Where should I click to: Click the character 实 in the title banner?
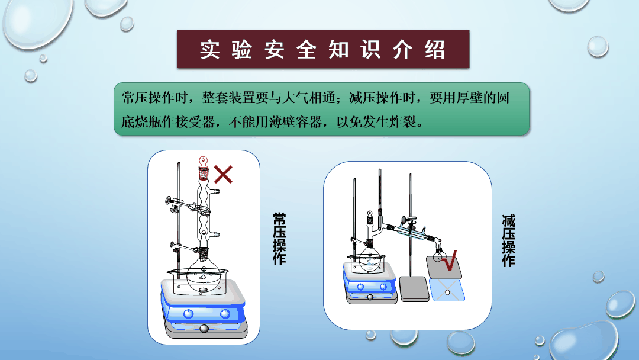210,50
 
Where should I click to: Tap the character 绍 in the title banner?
435,50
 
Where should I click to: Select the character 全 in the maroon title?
306,50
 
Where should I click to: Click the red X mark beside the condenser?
223,175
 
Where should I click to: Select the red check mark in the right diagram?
450,261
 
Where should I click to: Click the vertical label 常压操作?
279,239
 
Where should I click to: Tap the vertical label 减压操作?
508,240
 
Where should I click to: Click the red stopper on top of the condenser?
204,169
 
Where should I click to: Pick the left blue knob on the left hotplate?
188,314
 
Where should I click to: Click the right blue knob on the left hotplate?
225,314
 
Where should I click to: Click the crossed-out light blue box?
447,291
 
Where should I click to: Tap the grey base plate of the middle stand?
414,289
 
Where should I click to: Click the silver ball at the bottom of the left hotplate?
204,329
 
